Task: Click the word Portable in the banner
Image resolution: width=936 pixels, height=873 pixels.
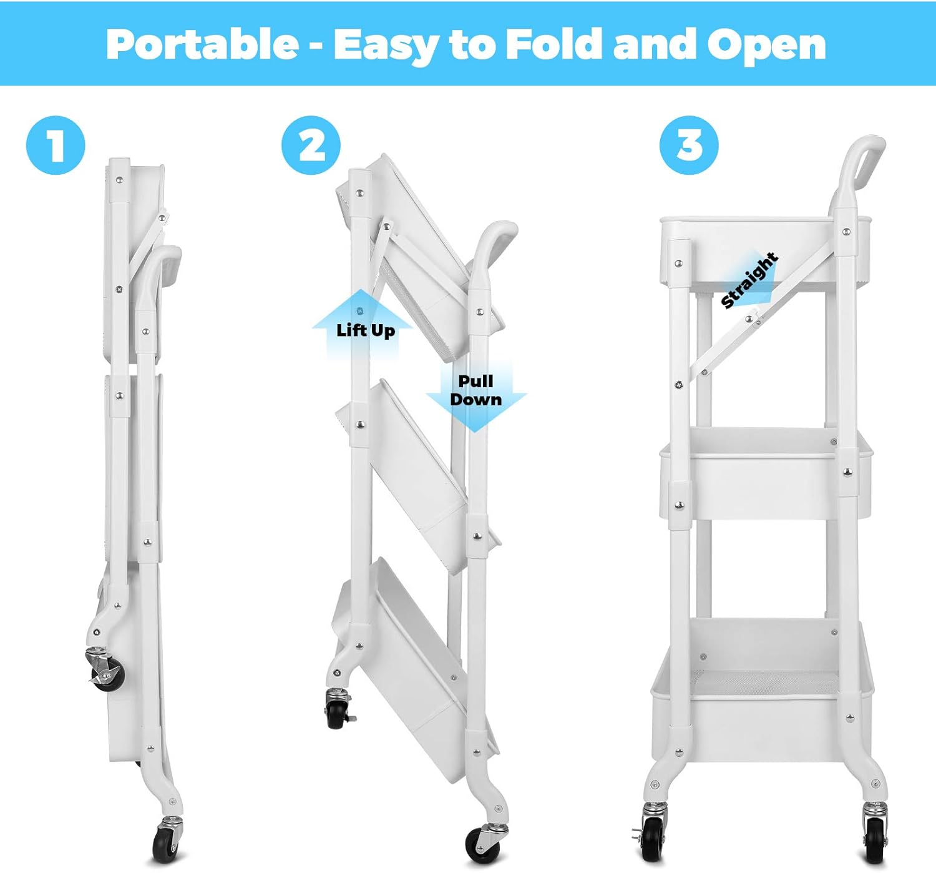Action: coord(202,44)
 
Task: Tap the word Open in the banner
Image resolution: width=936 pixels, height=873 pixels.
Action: coord(766,46)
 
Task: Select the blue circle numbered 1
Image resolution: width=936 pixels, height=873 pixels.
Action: coord(56,145)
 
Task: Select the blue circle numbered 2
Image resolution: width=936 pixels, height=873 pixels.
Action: coord(311,145)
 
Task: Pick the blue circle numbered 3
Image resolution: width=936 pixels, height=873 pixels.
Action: coord(689,145)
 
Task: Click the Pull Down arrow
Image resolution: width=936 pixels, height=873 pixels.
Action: coord(476,393)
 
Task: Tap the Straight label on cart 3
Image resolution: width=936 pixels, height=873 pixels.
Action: coord(749,280)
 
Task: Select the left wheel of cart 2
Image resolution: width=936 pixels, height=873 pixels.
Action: coord(337,711)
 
